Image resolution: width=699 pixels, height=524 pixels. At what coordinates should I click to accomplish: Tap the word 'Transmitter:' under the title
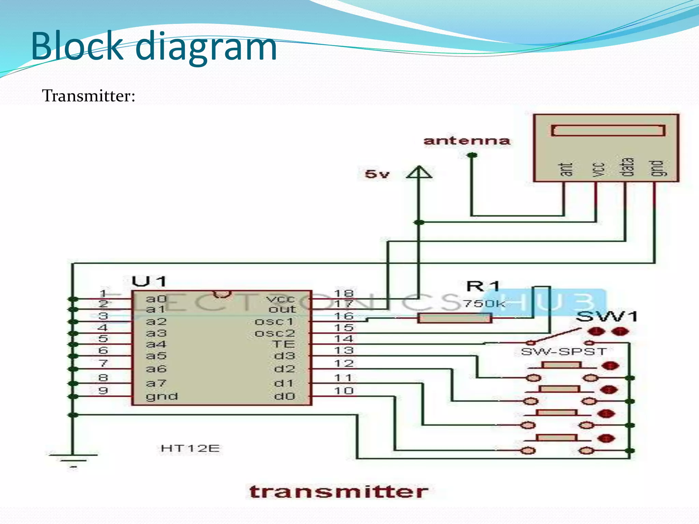tap(89, 96)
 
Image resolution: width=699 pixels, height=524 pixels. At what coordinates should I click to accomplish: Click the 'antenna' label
tap(467, 141)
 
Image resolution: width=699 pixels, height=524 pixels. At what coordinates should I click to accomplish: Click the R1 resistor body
tap(454, 318)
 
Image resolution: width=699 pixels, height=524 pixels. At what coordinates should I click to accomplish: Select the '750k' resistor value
tap(484, 303)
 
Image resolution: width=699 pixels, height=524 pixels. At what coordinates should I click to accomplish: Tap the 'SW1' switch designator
tap(606, 317)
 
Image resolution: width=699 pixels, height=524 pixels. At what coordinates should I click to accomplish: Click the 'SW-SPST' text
tap(564, 351)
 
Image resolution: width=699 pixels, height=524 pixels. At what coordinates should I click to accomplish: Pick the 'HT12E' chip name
tap(190, 448)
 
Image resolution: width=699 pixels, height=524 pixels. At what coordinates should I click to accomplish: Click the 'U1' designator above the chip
tap(149, 281)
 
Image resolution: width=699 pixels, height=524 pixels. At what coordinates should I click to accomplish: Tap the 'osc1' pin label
tap(274, 321)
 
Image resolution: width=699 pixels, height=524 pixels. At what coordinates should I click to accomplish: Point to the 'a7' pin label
tap(156, 383)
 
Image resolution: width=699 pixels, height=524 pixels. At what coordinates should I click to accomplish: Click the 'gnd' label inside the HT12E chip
tap(162, 396)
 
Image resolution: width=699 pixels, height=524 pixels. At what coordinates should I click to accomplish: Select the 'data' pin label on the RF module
tap(628, 167)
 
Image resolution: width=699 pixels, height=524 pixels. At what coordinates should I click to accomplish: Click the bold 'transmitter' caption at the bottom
tap(338, 492)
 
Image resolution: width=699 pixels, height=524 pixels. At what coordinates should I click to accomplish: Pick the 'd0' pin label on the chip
tap(284, 396)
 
